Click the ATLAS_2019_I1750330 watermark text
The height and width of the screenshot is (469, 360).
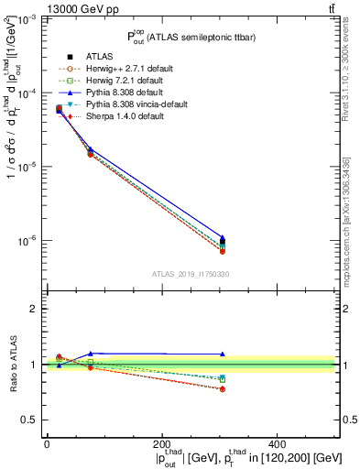[191, 274]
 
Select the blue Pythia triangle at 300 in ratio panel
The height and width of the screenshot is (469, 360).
[223, 354]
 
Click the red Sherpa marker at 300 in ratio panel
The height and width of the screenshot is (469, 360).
[223, 389]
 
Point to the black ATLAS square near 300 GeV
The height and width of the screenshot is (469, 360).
[223, 243]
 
